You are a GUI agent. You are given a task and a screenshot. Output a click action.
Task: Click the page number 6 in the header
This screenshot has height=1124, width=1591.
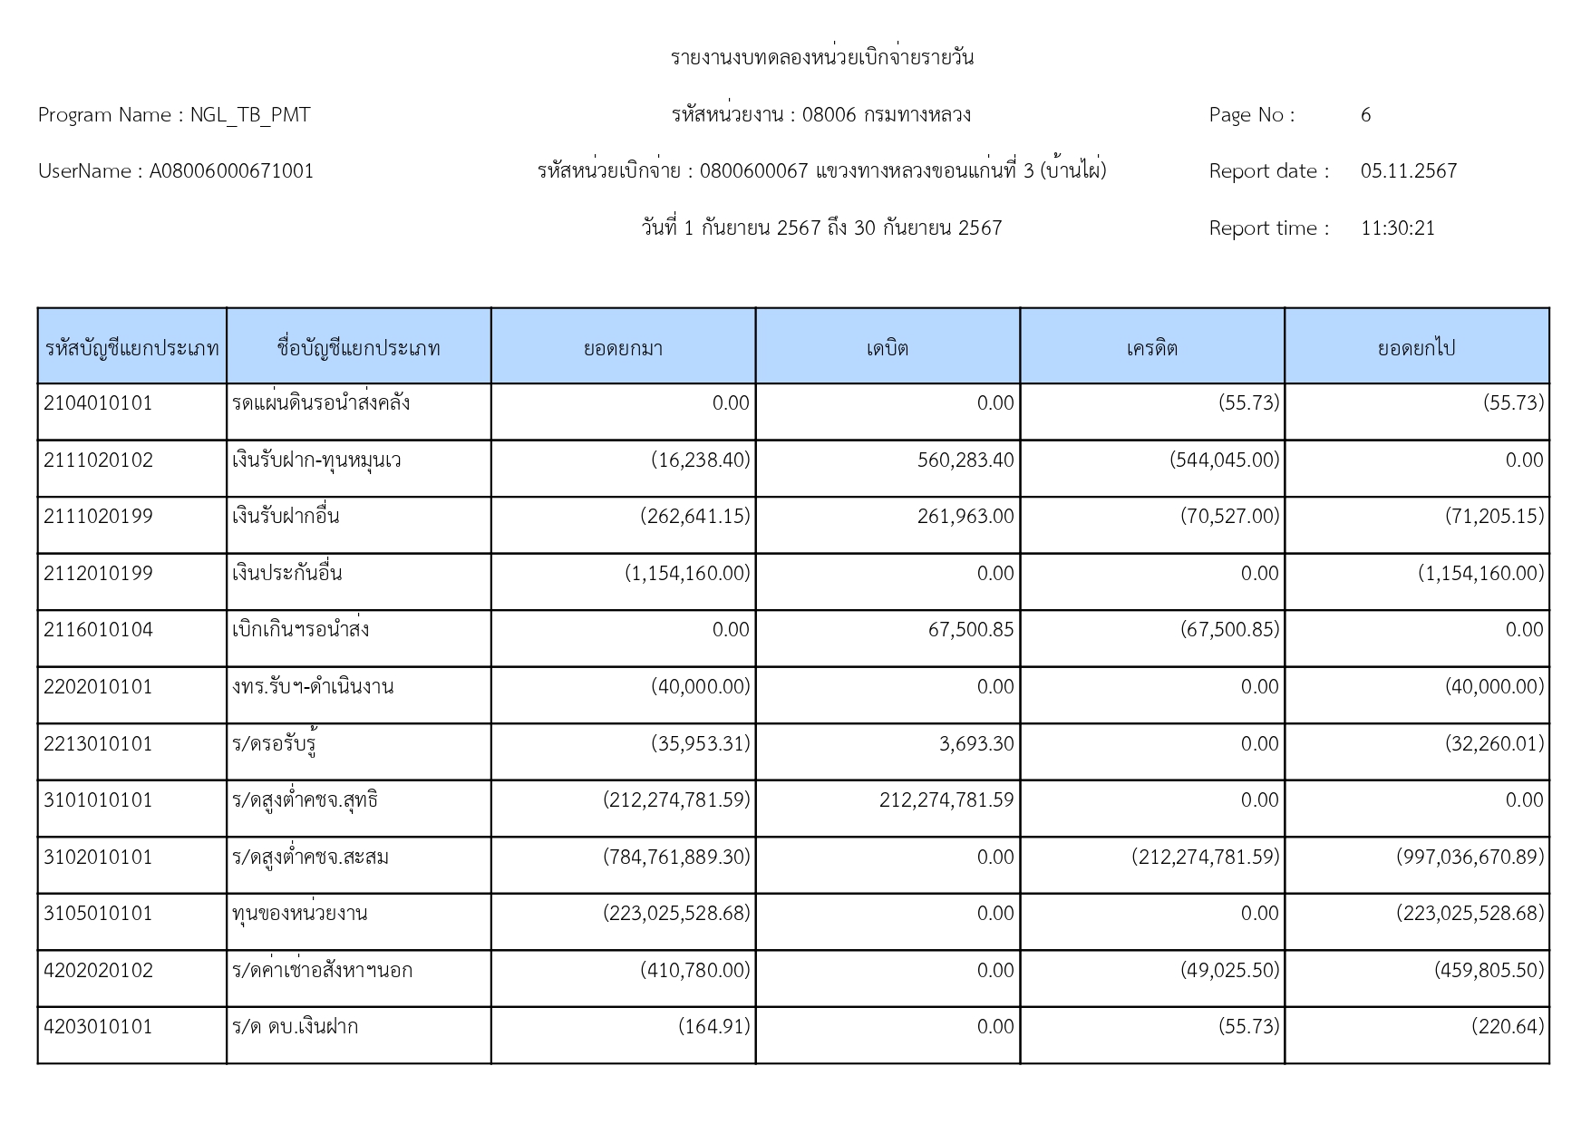[1365, 115]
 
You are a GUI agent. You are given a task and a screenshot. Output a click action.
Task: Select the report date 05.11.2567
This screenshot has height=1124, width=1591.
[1408, 171]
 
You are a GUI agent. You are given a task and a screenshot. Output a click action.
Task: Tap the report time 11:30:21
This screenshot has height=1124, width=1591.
[1397, 228]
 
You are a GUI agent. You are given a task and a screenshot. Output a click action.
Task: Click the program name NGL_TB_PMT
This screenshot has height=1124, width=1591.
[249, 115]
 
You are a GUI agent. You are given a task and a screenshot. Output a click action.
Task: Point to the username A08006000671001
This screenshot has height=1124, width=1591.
[231, 171]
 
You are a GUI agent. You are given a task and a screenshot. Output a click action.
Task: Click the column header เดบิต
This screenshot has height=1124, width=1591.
[887, 348]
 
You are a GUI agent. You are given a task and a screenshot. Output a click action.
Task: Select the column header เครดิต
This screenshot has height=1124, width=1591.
[1151, 348]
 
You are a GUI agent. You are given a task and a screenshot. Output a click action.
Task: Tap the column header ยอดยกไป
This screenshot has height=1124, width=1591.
[1416, 348]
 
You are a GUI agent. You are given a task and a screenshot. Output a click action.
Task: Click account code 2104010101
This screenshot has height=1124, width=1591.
[98, 403]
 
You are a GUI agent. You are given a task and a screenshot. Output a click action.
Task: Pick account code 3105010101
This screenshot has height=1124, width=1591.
[98, 914]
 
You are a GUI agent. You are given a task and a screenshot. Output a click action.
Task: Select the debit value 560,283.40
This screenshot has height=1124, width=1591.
[965, 460]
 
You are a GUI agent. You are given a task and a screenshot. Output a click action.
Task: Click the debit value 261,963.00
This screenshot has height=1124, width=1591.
[965, 517]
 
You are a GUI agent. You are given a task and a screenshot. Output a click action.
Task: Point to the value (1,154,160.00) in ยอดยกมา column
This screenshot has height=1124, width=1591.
[687, 574]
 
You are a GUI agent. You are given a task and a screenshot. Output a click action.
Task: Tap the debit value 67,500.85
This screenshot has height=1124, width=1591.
[970, 630]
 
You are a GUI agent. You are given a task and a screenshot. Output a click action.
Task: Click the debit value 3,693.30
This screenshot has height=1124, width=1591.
[976, 744]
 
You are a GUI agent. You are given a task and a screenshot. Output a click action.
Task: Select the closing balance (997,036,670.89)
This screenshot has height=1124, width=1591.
[1470, 858]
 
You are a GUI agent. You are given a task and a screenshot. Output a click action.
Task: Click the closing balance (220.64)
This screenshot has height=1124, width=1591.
[1507, 1027]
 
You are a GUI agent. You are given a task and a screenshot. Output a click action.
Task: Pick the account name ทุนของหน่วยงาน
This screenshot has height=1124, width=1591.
[299, 914]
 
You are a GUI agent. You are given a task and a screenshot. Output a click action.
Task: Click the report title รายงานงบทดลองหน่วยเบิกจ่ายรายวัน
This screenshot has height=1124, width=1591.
[821, 58]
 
